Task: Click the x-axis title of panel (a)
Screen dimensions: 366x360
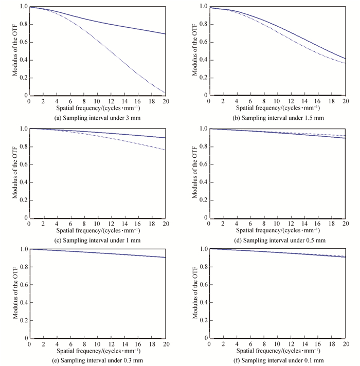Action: tap(98, 109)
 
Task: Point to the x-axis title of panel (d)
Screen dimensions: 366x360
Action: tap(278, 231)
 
